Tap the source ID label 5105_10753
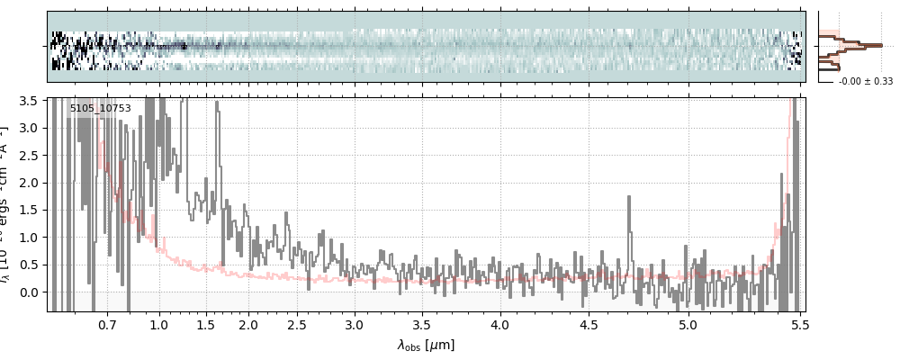pos(101,109)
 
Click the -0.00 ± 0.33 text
pos(866,81)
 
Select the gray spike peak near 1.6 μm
pos(218,104)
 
